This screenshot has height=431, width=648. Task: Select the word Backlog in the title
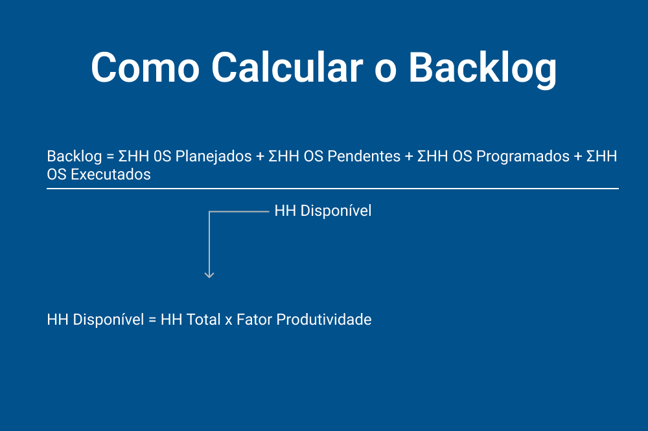[483, 66]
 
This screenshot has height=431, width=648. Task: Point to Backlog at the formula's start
[74, 156]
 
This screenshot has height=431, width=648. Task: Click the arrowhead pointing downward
[209, 274]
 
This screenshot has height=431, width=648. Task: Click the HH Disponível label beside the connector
[323, 211]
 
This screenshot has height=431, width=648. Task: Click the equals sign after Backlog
[110, 157]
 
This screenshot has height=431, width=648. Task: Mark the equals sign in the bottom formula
[152, 320]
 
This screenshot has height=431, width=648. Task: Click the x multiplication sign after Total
[228, 321]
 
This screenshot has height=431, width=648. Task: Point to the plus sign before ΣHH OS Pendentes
[260, 157]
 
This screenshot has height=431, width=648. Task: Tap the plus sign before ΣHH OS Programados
[409, 157]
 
